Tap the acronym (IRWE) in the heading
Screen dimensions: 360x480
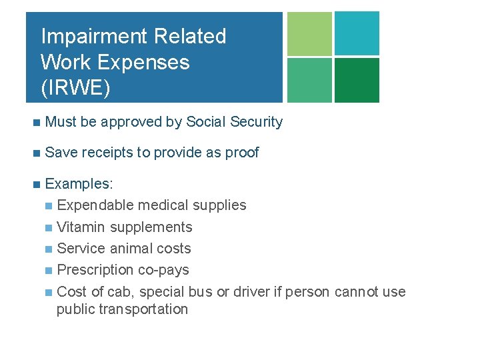point(75,89)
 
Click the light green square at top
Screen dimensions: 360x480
point(309,33)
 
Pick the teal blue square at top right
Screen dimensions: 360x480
point(357,33)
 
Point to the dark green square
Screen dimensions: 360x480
point(357,80)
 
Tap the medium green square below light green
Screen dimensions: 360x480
point(309,80)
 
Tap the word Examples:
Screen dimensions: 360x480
point(79,184)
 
